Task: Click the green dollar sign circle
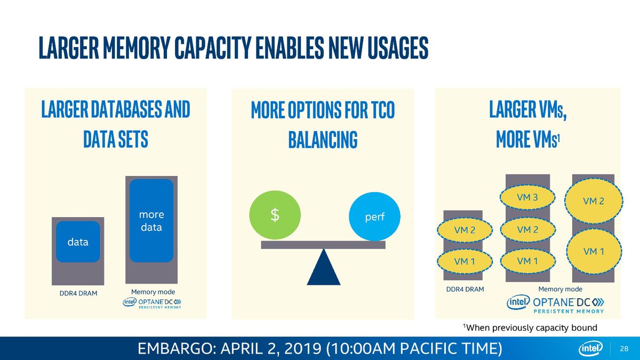[275, 215]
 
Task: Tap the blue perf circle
[374, 217]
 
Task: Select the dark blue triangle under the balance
[324, 267]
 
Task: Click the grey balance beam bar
[323, 245]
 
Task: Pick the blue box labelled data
[78, 242]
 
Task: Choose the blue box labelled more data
[151, 221]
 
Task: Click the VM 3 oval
[527, 197]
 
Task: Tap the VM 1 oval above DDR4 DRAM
[465, 261]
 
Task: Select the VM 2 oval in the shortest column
[465, 230]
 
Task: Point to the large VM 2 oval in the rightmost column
[594, 201]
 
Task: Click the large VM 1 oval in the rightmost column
[594, 251]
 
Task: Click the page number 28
[624, 349]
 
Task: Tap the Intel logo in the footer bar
[590, 348]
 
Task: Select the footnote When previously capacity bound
[530, 327]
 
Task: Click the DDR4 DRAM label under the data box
[78, 293]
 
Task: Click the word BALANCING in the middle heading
[323, 140]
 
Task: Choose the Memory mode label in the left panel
[153, 292]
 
